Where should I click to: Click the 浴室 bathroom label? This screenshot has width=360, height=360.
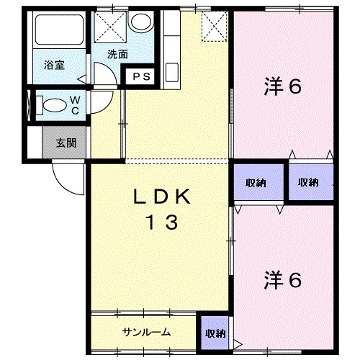(54, 66)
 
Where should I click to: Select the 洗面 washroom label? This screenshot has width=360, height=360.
(118, 54)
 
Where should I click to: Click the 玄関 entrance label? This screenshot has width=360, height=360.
(66, 143)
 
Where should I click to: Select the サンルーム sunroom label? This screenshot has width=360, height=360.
(146, 332)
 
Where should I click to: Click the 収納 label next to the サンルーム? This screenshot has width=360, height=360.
(214, 333)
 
